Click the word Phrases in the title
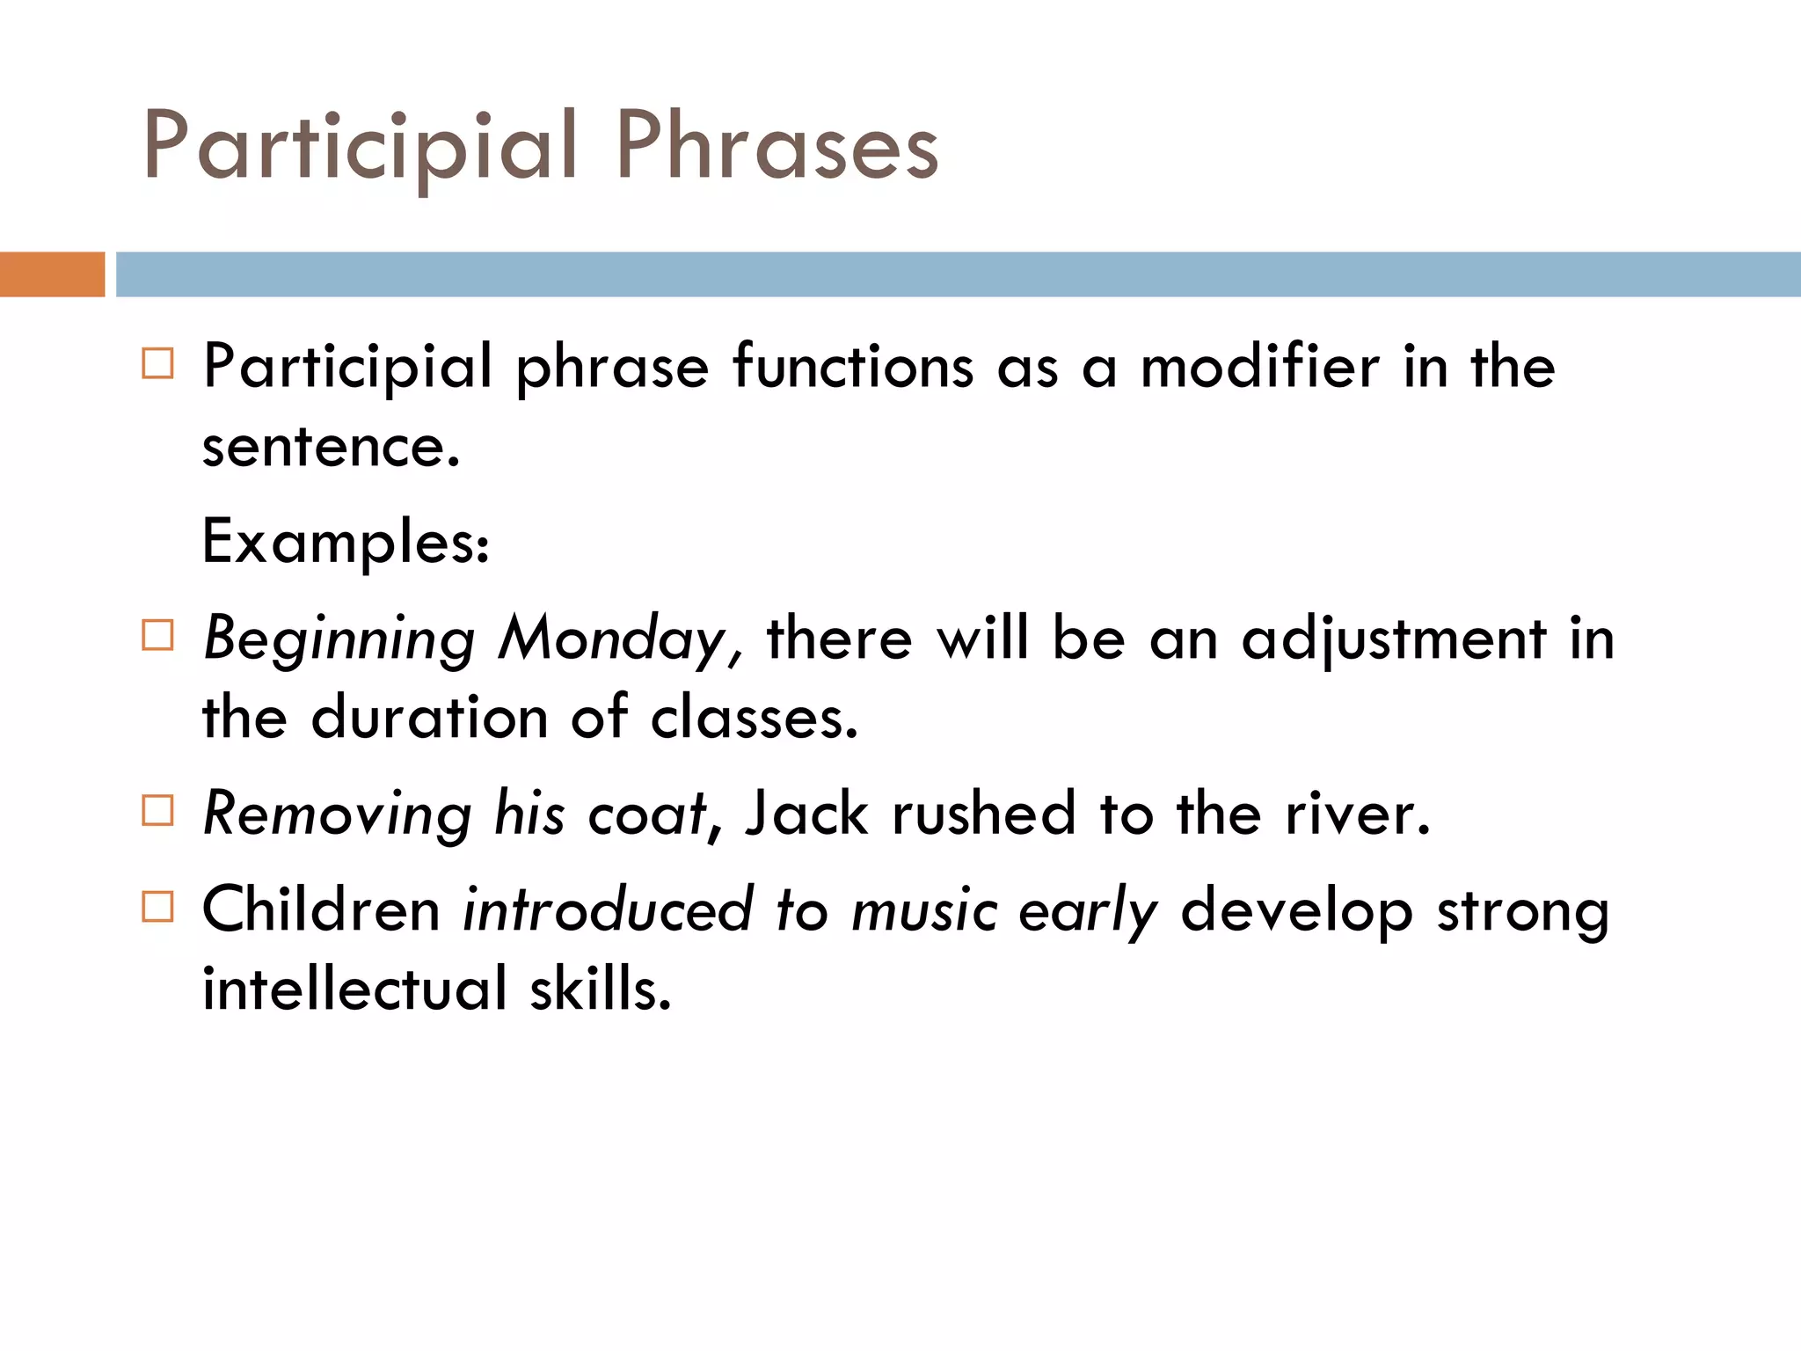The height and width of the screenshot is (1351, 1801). [x=777, y=146]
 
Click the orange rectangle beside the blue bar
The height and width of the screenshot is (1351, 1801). [x=52, y=274]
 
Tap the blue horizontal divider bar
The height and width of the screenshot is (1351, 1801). [x=958, y=274]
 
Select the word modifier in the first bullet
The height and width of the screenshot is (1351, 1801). [x=1259, y=367]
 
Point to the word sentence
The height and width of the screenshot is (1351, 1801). [x=331, y=448]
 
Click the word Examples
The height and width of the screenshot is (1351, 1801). [x=345, y=542]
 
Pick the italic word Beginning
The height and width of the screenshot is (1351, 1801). [x=339, y=639]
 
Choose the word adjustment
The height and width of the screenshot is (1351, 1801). [x=1393, y=639]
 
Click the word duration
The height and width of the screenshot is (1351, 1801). [x=429, y=718]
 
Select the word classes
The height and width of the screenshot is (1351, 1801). [x=754, y=718]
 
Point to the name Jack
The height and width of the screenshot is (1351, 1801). [x=806, y=814]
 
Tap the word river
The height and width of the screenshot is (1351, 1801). [x=1357, y=814]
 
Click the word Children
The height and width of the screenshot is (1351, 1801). [x=321, y=909]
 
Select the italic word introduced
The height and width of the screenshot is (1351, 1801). [x=608, y=909]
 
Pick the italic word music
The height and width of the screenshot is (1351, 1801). [x=924, y=909]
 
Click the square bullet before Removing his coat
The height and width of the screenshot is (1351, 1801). [x=157, y=811]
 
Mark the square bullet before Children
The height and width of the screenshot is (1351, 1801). [x=157, y=906]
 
